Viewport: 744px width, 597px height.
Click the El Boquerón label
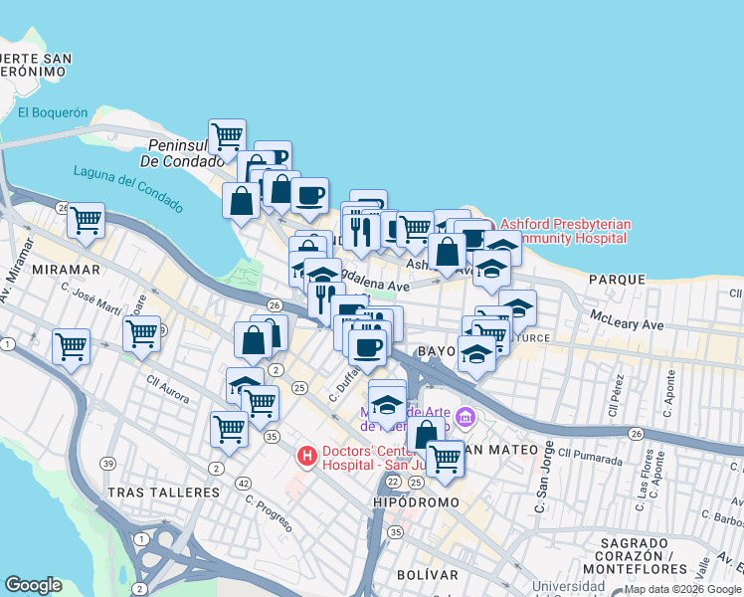pyautogui.click(x=53, y=112)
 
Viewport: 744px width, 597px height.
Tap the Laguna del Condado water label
pyautogui.click(x=128, y=188)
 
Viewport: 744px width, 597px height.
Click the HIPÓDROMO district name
pyautogui.click(x=416, y=503)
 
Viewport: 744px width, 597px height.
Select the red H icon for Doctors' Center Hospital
pyautogui.click(x=307, y=457)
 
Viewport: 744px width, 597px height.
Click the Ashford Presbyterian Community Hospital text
pyautogui.click(x=564, y=231)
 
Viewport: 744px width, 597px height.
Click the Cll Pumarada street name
pyautogui.click(x=591, y=458)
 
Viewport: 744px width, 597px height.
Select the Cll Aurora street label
pyautogui.click(x=167, y=389)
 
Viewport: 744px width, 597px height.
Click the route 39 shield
pyautogui.click(x=107, y=464)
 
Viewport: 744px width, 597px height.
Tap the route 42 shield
pyautogui.click(x=243, y=483)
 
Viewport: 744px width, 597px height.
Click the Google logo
pyautogui.click(x=33, y=585)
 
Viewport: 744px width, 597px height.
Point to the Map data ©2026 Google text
pyautogui.click(x=681, y=589)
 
